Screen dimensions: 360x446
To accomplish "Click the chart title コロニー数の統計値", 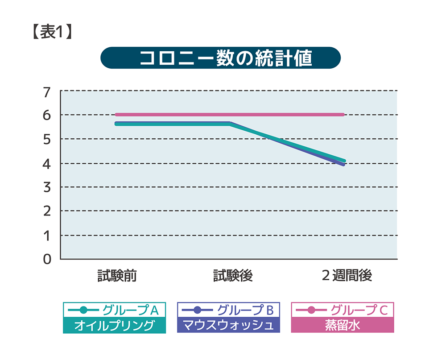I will (220, 58).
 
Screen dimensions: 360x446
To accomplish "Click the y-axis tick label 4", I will (47, 164).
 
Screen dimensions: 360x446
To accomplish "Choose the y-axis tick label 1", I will (47, 236).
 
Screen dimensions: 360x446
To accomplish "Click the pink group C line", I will (285, 115).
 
